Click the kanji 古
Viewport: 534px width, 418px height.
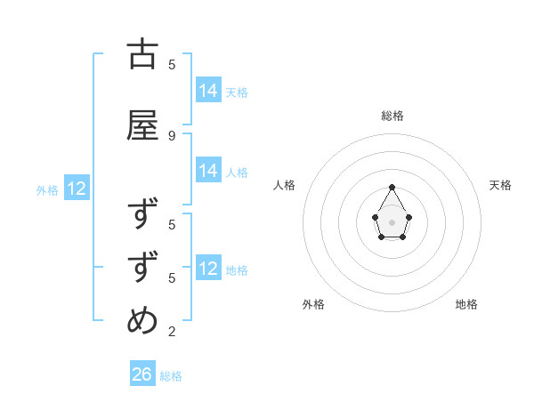pos(142,54)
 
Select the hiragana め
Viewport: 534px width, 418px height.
pos(142,321)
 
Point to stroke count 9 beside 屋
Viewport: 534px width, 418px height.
pos(172,135)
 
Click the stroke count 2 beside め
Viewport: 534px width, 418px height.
pos(172,332)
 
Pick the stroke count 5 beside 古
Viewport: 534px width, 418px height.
pos(172,64)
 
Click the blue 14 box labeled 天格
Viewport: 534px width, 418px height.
pos(208,91)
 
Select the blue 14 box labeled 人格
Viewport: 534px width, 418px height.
pos(208,171)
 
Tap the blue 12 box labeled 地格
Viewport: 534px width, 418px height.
pos(208,269)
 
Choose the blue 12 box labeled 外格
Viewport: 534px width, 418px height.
pos(76,189)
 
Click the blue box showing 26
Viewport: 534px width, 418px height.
pos(142,374)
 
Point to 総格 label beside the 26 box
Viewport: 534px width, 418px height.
pos(171,376)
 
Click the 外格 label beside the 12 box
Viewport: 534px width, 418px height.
pos(47,189)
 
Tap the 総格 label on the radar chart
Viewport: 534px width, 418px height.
pos(392,116)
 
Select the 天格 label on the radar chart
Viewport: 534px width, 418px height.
pos(500,185)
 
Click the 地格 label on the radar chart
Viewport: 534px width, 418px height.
pos(466,304)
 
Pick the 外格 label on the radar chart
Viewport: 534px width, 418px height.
pos(313,304)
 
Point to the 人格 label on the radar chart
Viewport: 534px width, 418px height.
pos(285,185)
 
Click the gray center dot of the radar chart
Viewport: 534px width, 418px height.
pos(392,221)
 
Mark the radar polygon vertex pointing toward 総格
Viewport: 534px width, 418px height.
pos(392,187)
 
